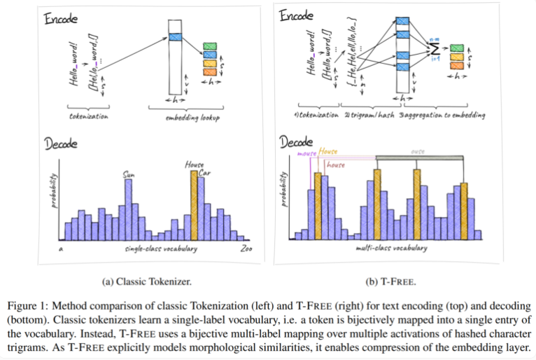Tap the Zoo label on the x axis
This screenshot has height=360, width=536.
click(246, 249)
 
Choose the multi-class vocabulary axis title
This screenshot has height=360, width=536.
click(388, 249)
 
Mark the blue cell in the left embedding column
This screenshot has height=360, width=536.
click(175, 36)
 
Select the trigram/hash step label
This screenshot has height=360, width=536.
click(358, 113)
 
